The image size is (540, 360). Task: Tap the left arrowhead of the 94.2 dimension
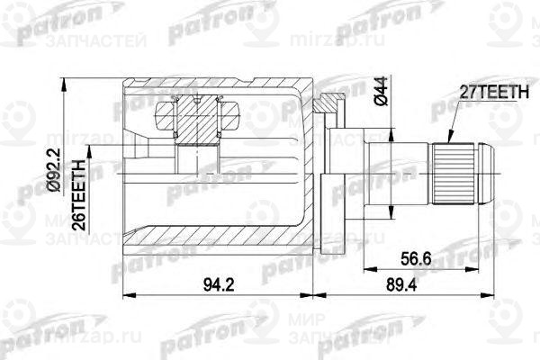pyautogui.click(x=125, y=294)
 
